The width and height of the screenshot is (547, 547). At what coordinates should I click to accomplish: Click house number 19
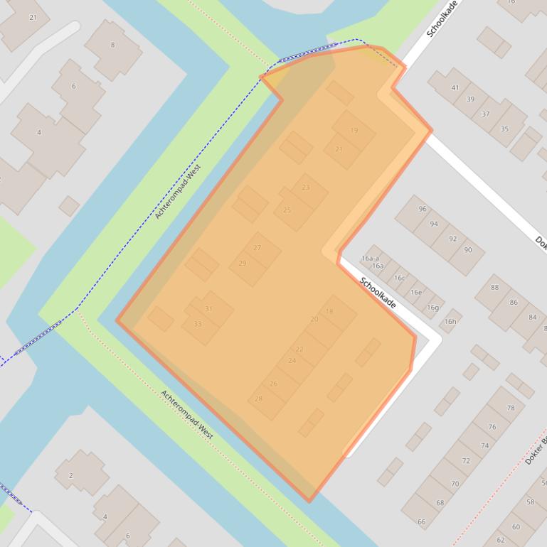pos(354,131)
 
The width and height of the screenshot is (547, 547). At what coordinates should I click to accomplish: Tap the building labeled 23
pos(306,188)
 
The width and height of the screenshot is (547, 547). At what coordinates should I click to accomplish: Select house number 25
pos(287,210)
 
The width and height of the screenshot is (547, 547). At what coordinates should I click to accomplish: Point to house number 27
pos(257,248)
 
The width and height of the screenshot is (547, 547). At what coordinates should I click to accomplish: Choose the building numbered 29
pos(243,264)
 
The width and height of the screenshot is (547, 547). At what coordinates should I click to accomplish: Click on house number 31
pos(208,309)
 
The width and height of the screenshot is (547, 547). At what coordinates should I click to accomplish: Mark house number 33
pos(198,325)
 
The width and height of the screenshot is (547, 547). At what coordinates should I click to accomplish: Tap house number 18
pos(329,311)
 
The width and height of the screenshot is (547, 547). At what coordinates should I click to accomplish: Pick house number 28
pos(258,399)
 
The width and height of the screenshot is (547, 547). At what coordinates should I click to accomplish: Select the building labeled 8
pos(112,45)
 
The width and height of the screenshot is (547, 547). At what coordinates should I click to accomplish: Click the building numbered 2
pos(71,475)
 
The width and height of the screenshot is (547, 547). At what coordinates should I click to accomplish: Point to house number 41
pos(455,88)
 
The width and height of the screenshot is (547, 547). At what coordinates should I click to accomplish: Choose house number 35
pos(504,129)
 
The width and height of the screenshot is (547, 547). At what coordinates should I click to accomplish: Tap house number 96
pos(423,209)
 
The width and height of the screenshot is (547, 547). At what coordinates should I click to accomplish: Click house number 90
pos(468,250)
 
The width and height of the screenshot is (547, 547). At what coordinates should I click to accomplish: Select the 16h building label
pos(450,322)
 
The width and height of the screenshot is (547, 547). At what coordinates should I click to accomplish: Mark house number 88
pos(494,288)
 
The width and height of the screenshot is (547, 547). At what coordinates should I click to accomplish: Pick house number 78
pos(511,408)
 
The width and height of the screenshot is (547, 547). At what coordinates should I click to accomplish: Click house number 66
pos(421,522)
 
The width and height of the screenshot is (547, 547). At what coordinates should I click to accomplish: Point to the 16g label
pos(432,308)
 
